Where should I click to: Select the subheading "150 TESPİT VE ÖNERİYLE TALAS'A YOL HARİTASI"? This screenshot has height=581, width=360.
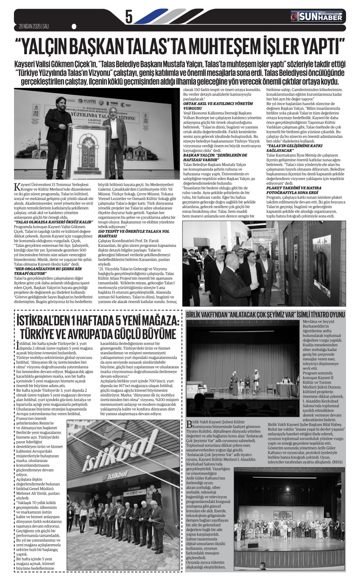pyautogui.click(x=132, y=233)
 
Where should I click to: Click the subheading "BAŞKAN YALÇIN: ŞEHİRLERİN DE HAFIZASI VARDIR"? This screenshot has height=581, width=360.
pyautogui.click(x=214, y=157)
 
